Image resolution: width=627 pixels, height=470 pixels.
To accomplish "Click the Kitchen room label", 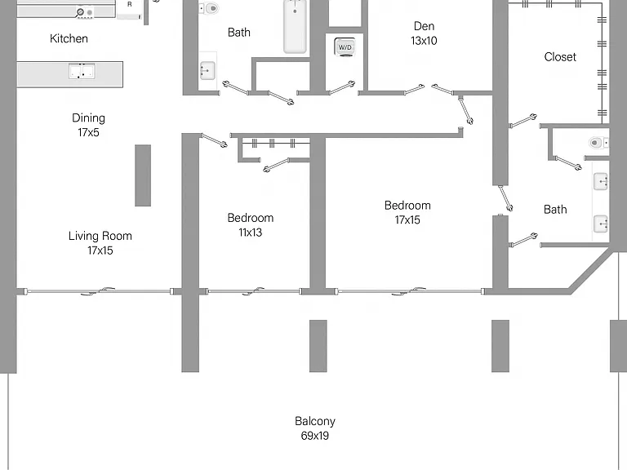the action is (69, 38).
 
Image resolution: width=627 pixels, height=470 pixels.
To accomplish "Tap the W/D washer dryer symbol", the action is (345, 47).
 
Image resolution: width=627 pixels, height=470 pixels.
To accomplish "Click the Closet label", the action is (560, 57).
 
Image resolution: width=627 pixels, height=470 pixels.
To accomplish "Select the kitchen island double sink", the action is (82, 71).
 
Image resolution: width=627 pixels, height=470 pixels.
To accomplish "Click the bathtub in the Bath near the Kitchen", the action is (295, 26).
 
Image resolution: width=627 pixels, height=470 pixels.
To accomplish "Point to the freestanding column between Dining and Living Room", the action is (143, 175).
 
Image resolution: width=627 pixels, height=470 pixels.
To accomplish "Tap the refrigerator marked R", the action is (129, 9).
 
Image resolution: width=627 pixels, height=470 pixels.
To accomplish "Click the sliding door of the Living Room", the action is (98, 291).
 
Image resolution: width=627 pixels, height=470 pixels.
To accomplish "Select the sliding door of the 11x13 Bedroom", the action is (254, 291).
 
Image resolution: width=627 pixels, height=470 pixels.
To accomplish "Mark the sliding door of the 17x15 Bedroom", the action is (410, 291).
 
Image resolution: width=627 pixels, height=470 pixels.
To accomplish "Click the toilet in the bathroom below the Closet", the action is (598, 143).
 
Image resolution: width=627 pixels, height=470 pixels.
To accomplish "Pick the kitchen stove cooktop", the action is (85, 12).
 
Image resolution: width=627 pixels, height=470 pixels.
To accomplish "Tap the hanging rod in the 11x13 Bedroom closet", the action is (275, 143).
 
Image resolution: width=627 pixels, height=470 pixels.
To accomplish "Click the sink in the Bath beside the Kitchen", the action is (207, 71).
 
